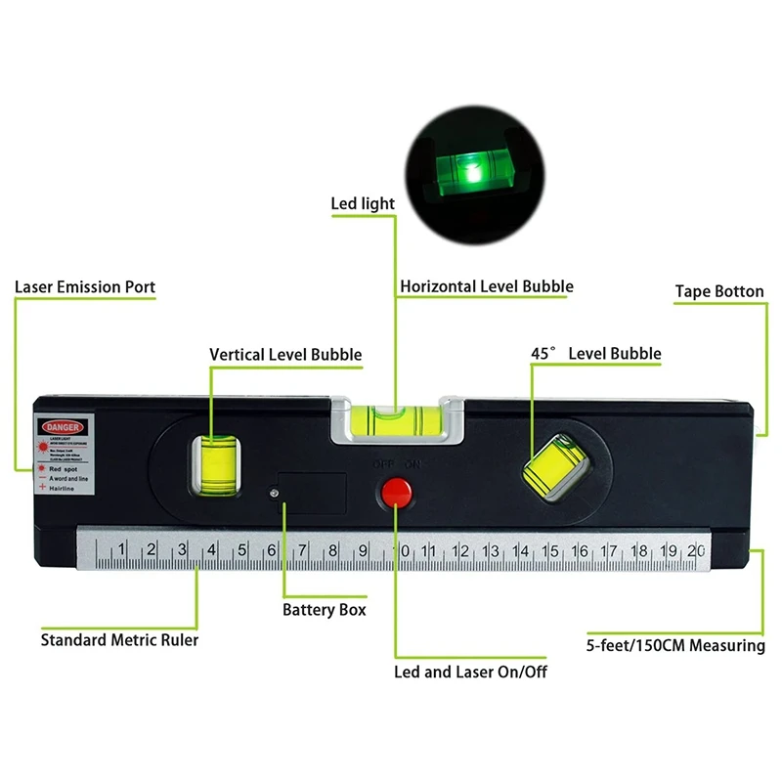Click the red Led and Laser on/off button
coord(396,492)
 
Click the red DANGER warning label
coord(63,426)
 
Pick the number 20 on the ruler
coord(695,552)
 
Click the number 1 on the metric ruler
coord(120,552)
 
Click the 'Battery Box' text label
coord(325,609)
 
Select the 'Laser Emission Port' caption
coord(85,287)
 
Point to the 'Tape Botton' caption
coord(719,291)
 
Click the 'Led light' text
coord(363,203)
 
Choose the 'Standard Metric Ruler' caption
coord(119,640)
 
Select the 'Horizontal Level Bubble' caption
coord(486,286)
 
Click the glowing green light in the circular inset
coord(471,174)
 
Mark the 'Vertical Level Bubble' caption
coord(285,355)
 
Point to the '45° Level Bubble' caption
coord(595,354)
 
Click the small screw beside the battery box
coord(275,494)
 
